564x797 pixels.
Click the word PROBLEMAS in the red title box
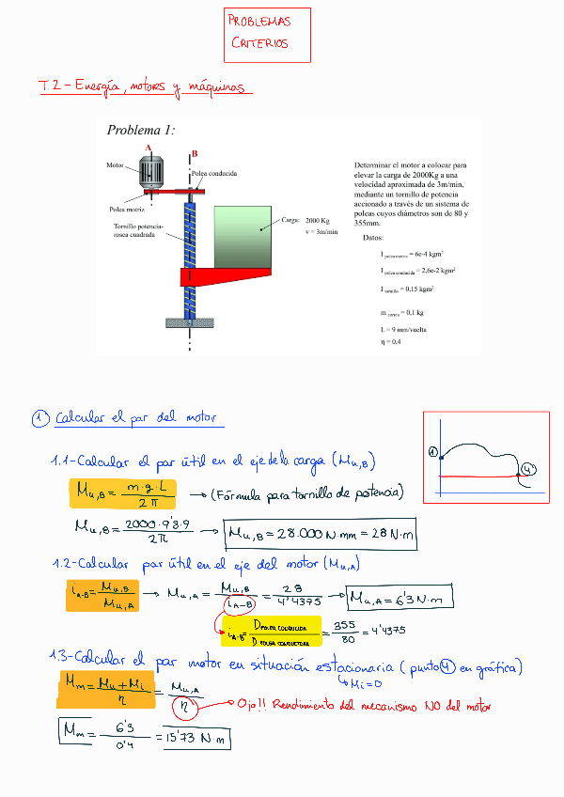pyautogui.click(x=260, y=22)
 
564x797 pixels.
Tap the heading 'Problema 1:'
pyautogui.click(x=141, y=131)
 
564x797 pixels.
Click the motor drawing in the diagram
pyautogui.click(x=150, y=173)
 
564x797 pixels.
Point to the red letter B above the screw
pyautogui.click(x=194, y=152)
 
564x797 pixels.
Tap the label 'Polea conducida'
pyautogui.click(x=213, y=174)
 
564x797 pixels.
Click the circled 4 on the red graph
pyautogui.click(x=528, y=468)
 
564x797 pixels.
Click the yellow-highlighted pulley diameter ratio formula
pyautogui.click(x=269, y=631)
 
